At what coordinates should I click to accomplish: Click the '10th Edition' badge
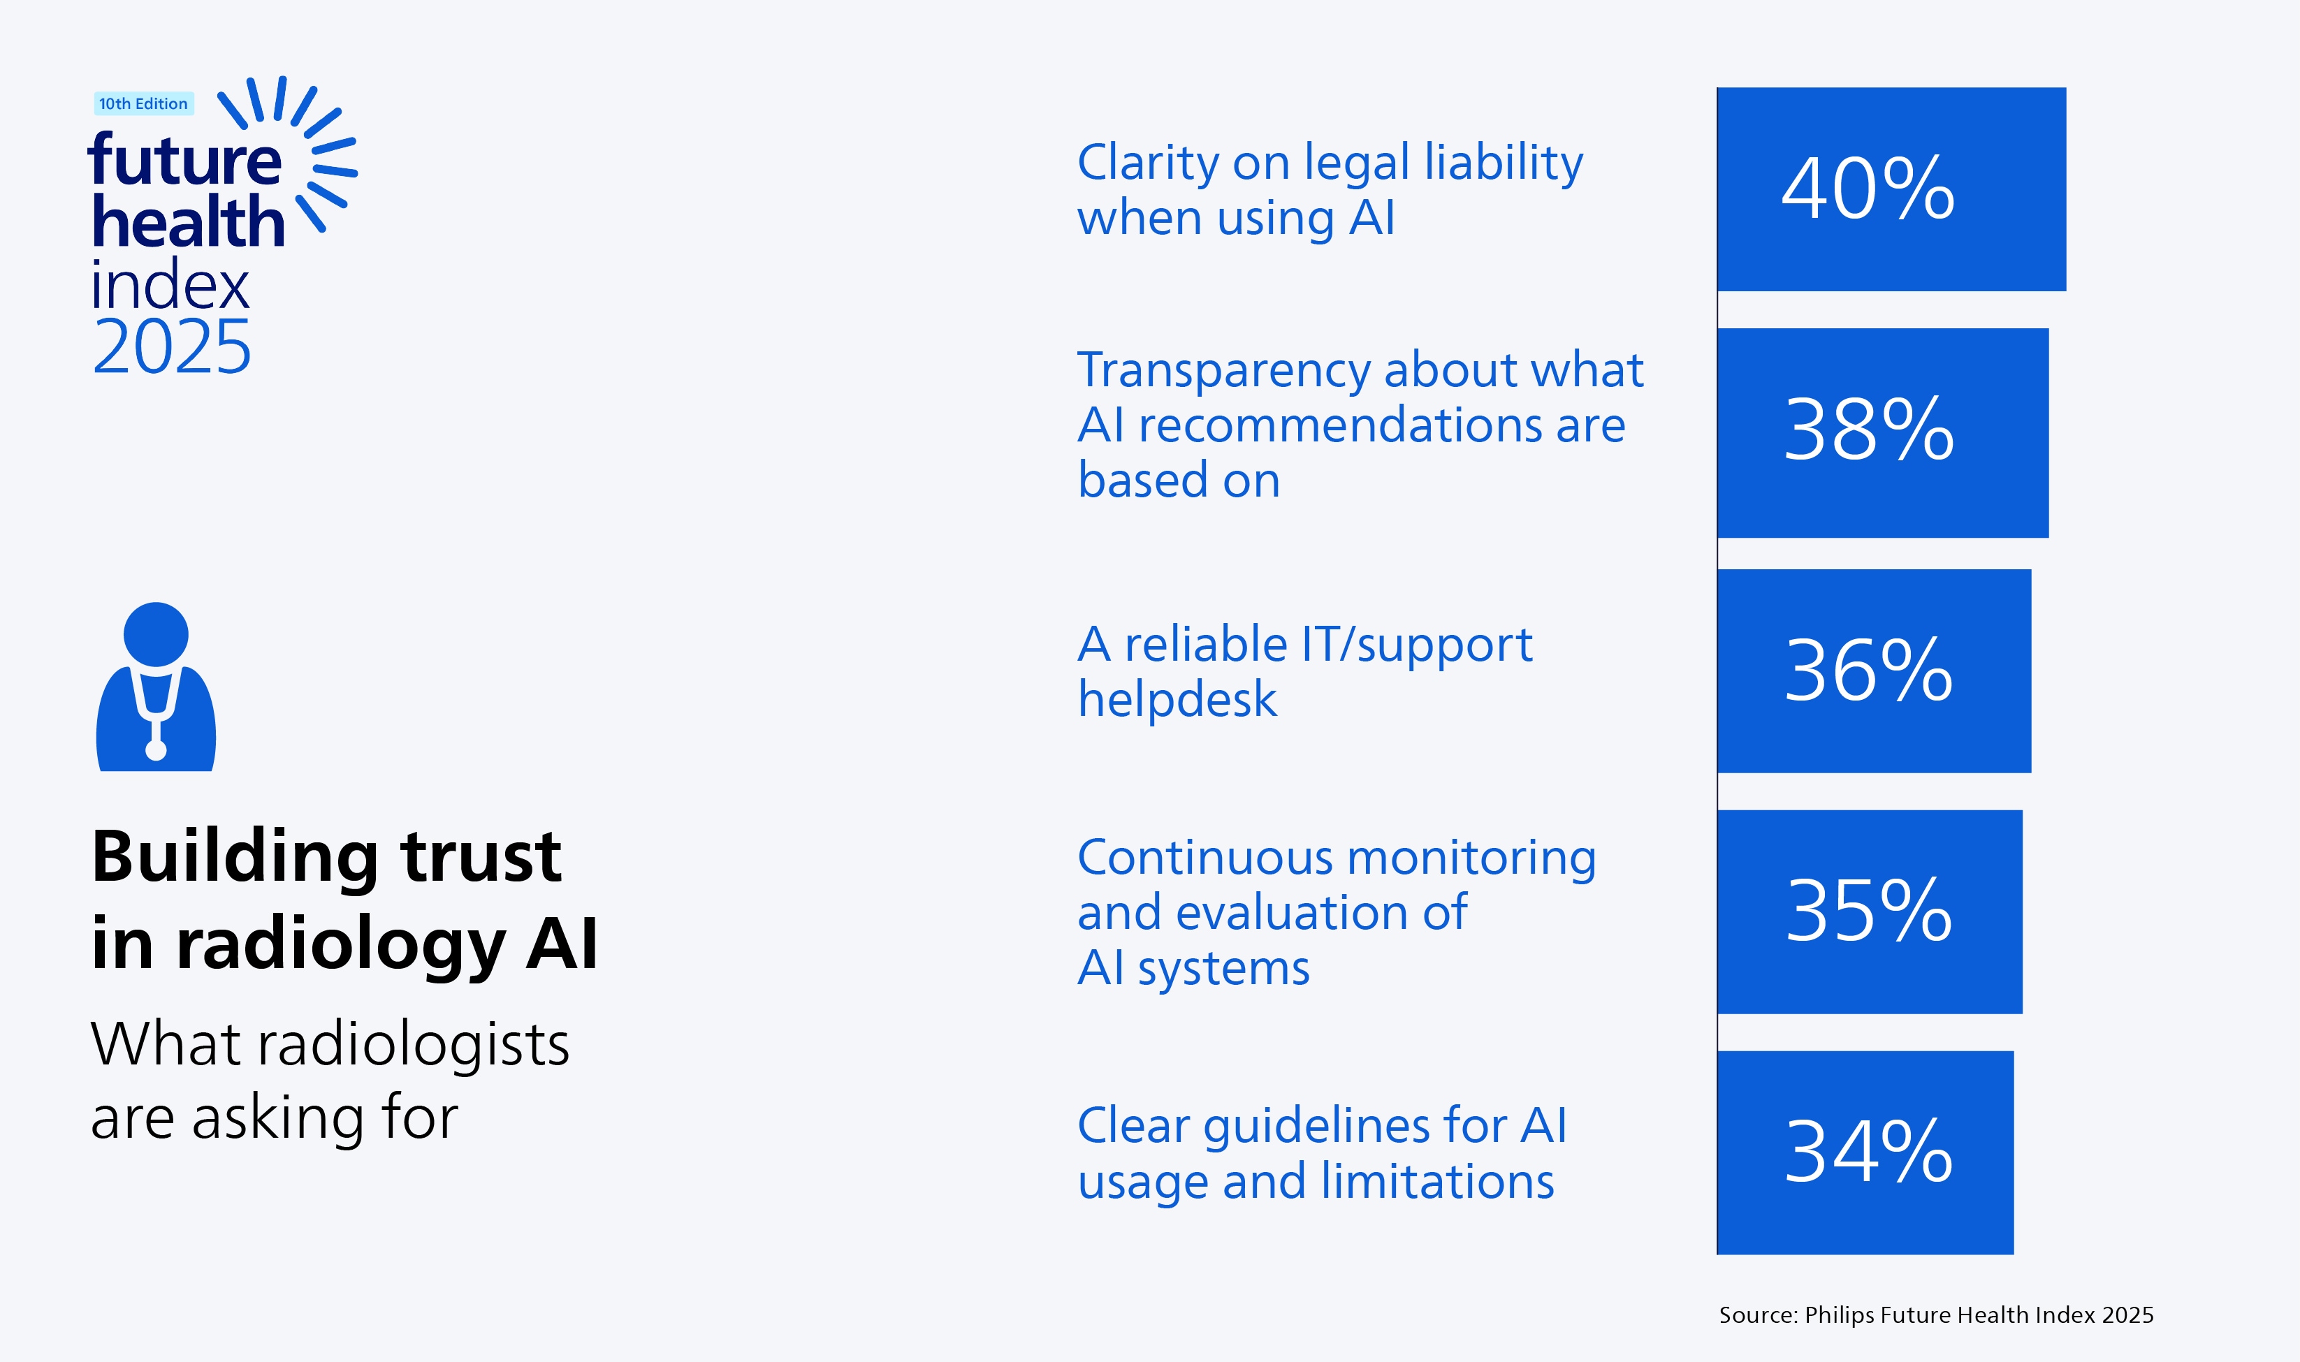pos(143,103)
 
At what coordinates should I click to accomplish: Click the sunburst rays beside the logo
pos(312,147)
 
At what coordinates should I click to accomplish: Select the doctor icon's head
pos(156,634)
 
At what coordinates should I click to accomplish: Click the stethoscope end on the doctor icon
pos(156,750)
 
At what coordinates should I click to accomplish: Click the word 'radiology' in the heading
pos(342,944)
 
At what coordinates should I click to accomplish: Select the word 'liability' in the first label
pos(1504,163)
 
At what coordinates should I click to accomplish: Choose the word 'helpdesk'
pos(1177,699)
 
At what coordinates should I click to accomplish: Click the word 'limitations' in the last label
pos(1437,1181)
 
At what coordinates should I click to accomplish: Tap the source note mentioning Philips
pos(1935,1315)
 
